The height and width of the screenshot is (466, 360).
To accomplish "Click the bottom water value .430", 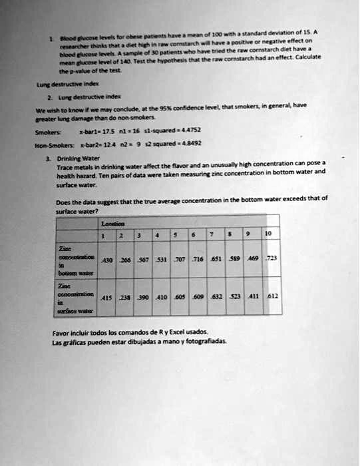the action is tap(106, 260).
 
